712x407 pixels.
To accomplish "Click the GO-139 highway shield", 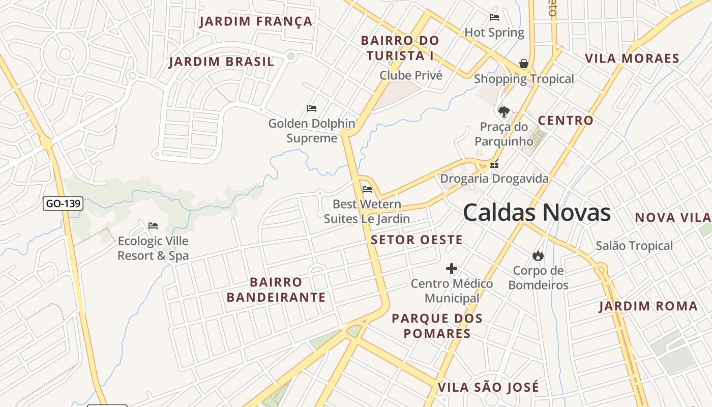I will pos(63,204).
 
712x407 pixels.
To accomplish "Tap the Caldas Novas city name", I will pos(537,212).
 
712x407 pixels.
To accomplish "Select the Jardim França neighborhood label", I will pos(256,21).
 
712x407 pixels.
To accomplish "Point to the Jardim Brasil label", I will pos(221,62).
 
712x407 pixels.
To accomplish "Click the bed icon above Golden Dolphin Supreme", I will pos(312,108).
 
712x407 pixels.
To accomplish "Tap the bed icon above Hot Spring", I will pos(494,17).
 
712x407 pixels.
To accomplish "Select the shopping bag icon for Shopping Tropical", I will pos(523,64).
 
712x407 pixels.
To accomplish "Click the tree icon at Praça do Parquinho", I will pos(503,111).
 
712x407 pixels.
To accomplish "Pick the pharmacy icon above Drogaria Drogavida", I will pos(494,164).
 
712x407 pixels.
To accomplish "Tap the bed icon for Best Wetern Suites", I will pos(367,190).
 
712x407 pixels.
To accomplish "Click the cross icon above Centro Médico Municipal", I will pos(452,269).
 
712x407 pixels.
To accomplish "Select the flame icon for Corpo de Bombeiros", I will pos(538,255).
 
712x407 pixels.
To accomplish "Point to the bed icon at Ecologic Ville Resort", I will pos(153,226).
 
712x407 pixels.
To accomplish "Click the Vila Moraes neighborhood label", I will pos(632,59).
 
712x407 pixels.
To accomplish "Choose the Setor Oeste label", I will pos(417,240).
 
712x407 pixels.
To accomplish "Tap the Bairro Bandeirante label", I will pos(276,289).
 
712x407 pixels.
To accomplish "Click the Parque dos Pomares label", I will pos(437,326).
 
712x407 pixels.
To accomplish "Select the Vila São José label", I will pos(488,387).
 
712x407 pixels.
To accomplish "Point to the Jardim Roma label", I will pos(648,306).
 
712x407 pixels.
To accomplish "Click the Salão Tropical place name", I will pos(634,246).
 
